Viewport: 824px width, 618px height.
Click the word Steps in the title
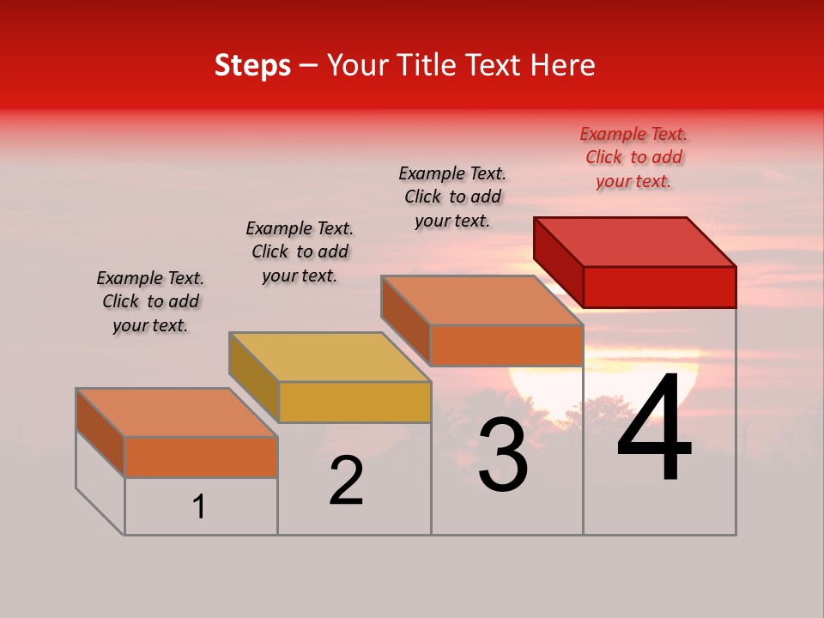pos(252,65)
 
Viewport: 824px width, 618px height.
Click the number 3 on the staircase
pos(503,455)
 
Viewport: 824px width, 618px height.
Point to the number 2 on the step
pos(346,481)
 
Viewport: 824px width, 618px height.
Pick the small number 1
pos(199,507)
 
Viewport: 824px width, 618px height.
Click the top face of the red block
pos(635,241)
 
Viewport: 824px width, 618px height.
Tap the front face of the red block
pos(659,287)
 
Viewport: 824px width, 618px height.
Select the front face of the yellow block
pos(354,402)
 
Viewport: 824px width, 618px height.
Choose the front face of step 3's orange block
pos(506,345)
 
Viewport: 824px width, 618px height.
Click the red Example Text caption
pos(633,157)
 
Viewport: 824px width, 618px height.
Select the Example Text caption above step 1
pos(150,301)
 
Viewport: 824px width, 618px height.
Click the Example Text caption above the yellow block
pos(300,251)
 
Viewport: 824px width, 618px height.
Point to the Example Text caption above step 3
pos(452,197)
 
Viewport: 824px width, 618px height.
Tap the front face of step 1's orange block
pos(201,457)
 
